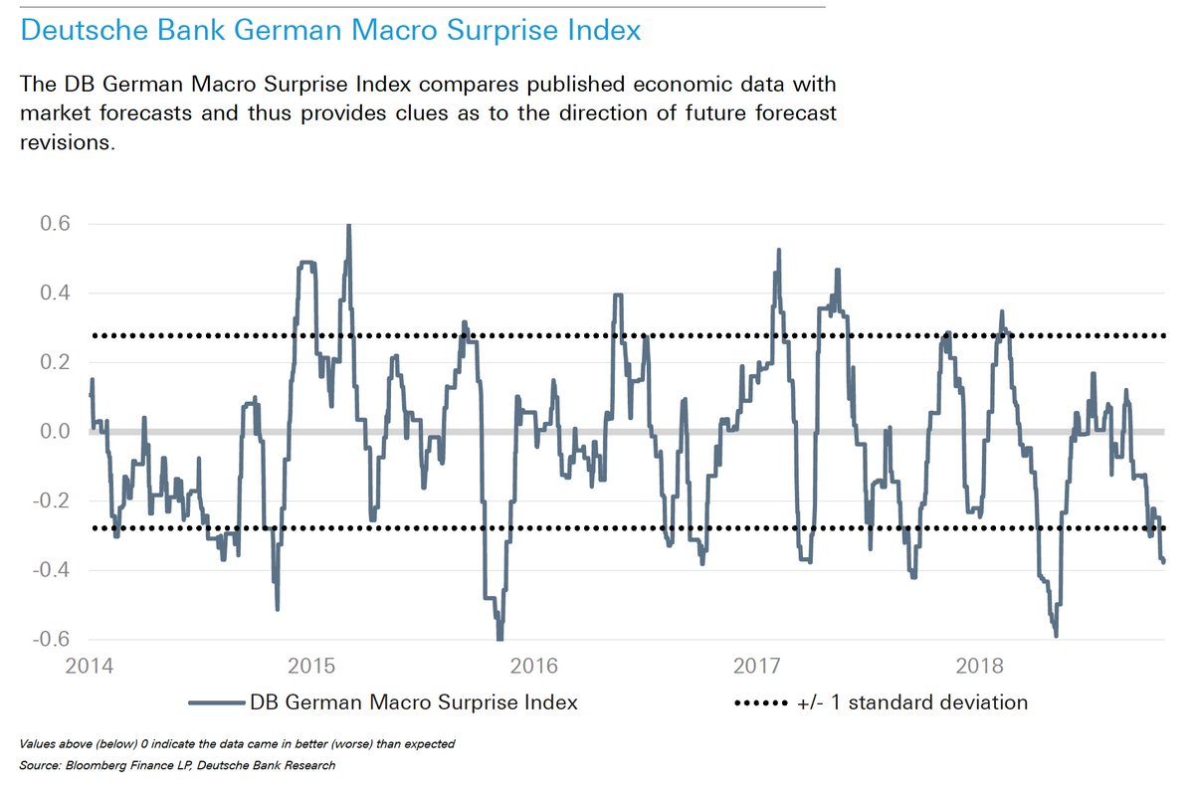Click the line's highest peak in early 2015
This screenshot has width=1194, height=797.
coord(348,226)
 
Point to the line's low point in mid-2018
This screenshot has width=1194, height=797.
coord(1055,635)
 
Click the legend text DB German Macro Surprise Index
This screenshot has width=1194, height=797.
coord(415,702)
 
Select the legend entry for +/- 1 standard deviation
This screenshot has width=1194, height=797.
coord(912,702)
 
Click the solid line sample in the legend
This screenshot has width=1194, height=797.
coord(216,702)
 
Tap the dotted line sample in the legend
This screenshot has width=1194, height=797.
coord(760,702)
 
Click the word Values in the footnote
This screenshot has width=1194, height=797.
coord(34,744)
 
